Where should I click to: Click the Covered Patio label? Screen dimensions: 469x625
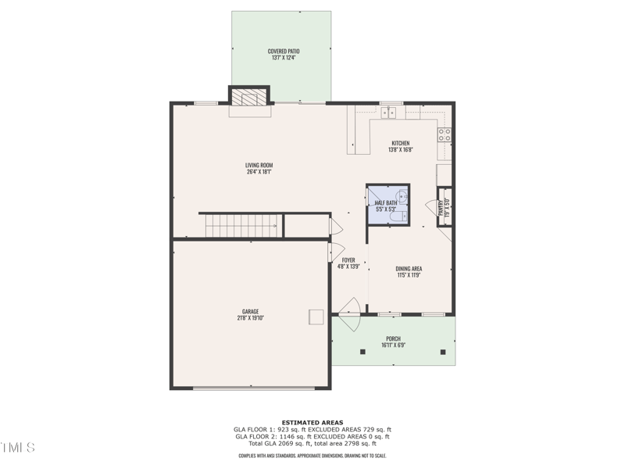point(284,52)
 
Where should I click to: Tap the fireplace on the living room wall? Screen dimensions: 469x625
point(249,97)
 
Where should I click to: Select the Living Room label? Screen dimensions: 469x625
point(259,165)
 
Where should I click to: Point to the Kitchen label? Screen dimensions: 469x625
point(401,143)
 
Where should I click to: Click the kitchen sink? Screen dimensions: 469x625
point(389,113)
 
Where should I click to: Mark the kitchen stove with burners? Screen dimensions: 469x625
point(445,134)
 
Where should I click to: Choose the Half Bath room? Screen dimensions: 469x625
point(387,205)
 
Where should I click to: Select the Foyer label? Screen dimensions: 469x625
point(348,260)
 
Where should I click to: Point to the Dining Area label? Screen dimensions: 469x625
point(409,269)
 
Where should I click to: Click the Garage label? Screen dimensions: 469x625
point(249,311)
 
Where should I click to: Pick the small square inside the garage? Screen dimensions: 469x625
point(316,316)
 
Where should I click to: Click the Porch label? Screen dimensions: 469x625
point(393,338)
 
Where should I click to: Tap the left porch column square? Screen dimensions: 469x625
point(362,352)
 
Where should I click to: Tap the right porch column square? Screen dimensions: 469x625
point(443,352)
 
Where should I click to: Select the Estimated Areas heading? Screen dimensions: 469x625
point(312,423)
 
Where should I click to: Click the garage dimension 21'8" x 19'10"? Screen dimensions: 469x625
point(249,318)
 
